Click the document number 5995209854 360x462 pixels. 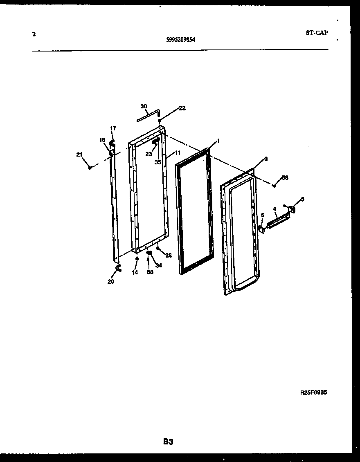coord(180,40)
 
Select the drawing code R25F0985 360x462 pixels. coord(314,392)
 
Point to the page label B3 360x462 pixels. coord(168,442)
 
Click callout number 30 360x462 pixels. coord(144,106)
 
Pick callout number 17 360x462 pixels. coord(113,128)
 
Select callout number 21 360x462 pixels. coord(79,154)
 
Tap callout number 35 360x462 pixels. coord(158,162)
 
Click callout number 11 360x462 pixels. coord(178,153)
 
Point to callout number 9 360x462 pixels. coord(265,159)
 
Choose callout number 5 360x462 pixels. coord(302,199)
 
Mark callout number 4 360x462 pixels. coord(274,209)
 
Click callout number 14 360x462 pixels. coord(135,273)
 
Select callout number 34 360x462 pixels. coord(158,266)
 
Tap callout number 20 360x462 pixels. coord(111,281)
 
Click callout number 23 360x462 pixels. coord(148,154)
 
